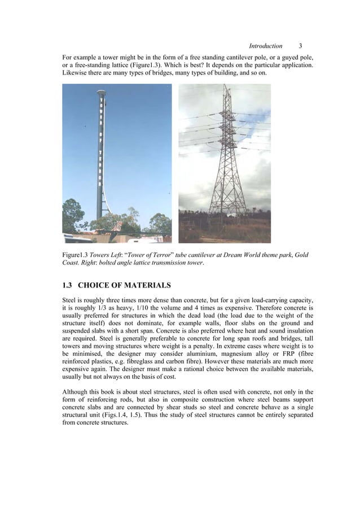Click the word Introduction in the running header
265,46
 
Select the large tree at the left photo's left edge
72,215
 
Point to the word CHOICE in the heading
98,285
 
